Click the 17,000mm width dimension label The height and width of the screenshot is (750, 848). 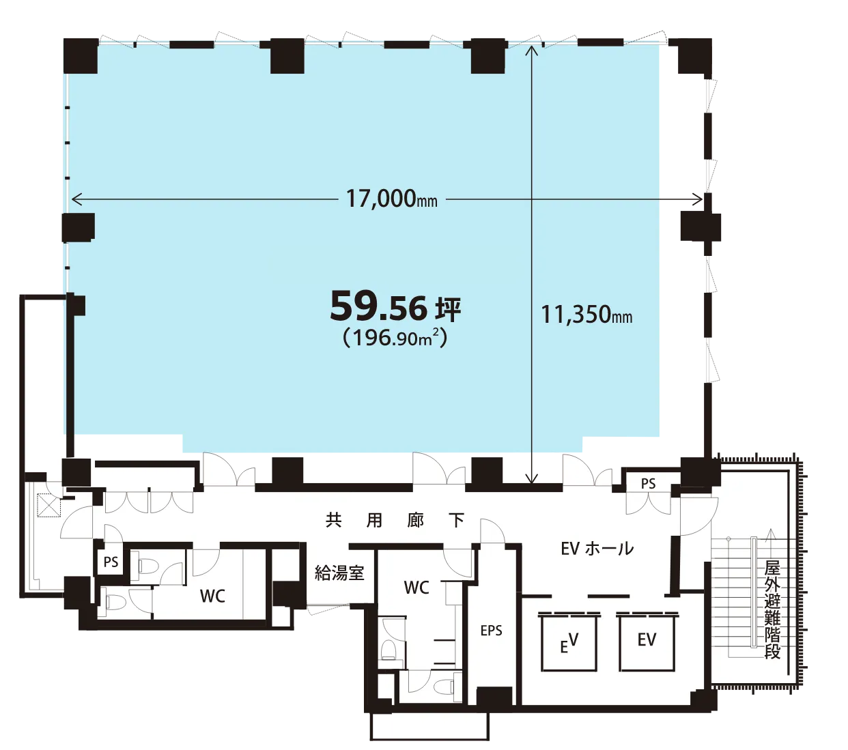point(391,199)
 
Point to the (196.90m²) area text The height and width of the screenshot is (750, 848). point(395,338)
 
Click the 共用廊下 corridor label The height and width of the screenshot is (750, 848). point(395,521)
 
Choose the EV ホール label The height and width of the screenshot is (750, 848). point(597,549)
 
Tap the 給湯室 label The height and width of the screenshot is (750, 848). point(339,573)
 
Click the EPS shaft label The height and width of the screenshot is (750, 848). point(491,631)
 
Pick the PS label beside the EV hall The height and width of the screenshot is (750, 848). point(648,484)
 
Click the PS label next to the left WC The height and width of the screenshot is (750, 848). point(111,562)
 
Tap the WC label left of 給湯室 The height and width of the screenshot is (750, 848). point(212,596)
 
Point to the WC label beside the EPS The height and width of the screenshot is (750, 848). point(416,588)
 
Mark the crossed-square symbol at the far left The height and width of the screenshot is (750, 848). point(49,505)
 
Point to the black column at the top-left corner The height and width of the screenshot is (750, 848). point(81,56)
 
